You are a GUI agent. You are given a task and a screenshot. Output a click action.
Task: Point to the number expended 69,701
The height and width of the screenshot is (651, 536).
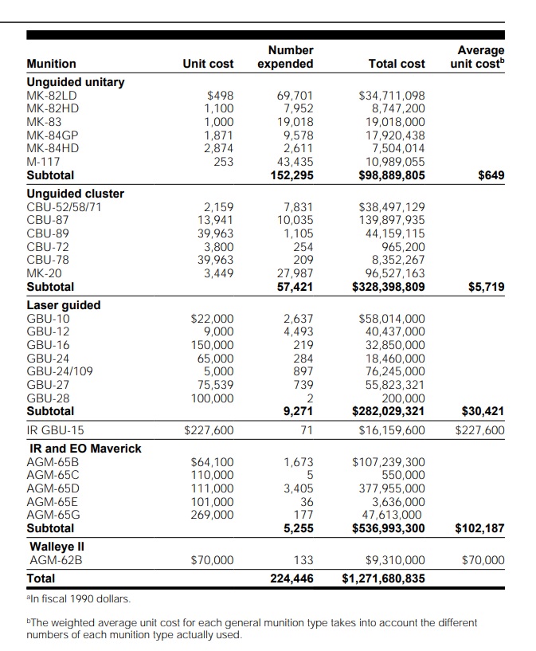(x=295, y=96)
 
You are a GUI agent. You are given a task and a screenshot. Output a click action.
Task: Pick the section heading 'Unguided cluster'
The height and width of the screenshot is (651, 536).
(x=76, y=194)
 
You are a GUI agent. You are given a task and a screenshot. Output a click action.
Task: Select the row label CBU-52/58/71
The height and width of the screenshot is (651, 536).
(x=65, y=207)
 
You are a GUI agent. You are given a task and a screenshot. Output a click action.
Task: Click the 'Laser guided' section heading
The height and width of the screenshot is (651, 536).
(x=64, y=305)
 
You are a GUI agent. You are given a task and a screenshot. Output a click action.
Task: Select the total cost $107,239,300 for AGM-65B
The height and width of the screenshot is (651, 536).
(x=388, y=461)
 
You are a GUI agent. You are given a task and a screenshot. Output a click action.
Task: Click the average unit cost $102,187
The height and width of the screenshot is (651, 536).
(x=479, y=527)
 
